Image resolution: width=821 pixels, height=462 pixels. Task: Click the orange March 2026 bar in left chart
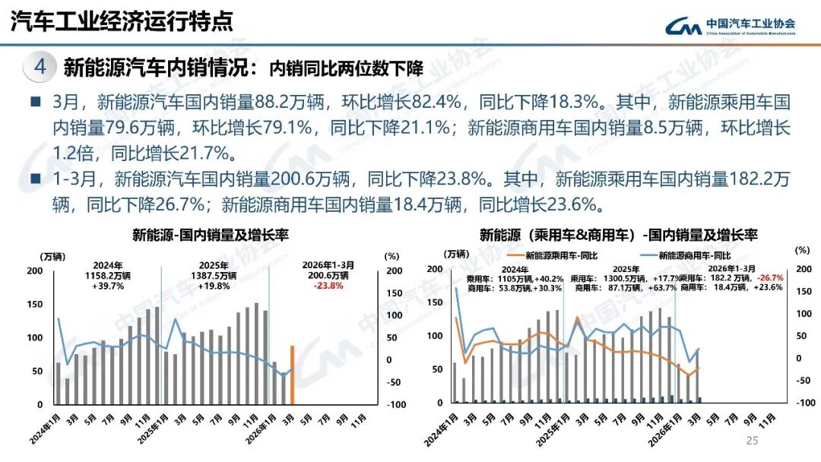tap(292, 375)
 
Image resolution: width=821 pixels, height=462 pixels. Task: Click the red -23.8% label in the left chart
tap(329, 286)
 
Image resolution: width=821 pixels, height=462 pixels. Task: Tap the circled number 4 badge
tap(40, 67)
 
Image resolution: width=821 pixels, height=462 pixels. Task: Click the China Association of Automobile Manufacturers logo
tap(730, 26)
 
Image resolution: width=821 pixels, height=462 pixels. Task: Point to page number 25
tap(753, 441)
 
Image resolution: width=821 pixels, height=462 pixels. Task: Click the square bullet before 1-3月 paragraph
tap(35, 179)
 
